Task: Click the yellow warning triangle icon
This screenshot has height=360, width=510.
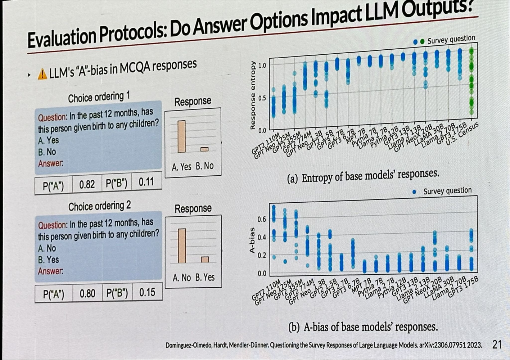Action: [42, 74]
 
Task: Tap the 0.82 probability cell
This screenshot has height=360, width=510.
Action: [87, 185]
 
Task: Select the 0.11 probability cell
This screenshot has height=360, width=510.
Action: [146, 182]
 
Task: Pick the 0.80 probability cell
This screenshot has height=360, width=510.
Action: [87, 294]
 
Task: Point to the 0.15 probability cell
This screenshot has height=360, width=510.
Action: [147, 292]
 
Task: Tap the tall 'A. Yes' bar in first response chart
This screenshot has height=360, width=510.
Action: [181, 137]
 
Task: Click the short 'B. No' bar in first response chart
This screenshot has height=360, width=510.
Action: [204, 149]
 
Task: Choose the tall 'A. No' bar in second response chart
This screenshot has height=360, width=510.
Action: [182, 246]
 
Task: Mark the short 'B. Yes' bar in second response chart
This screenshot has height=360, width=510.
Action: [205, 260]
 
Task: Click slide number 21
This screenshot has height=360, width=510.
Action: [497, 345]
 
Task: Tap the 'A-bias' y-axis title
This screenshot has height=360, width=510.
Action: [252, 240]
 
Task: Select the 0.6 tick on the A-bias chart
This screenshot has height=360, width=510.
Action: [262, 219]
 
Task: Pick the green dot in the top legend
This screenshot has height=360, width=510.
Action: [422, 41]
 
